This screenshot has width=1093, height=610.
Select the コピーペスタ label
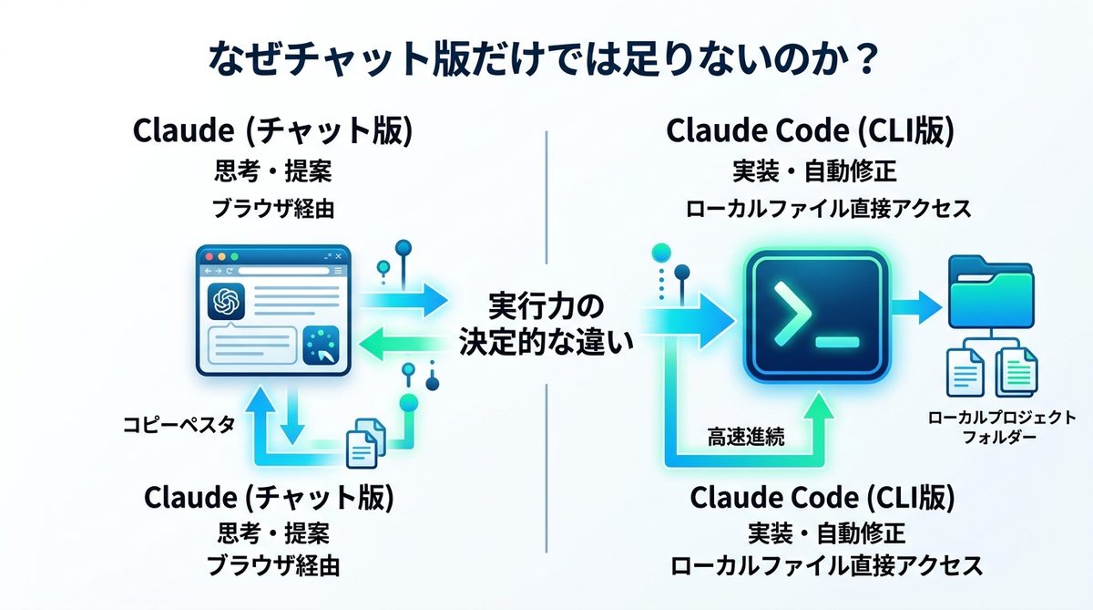(x=179, y=424)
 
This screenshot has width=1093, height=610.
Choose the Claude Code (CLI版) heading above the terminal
(x=811, y=131)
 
